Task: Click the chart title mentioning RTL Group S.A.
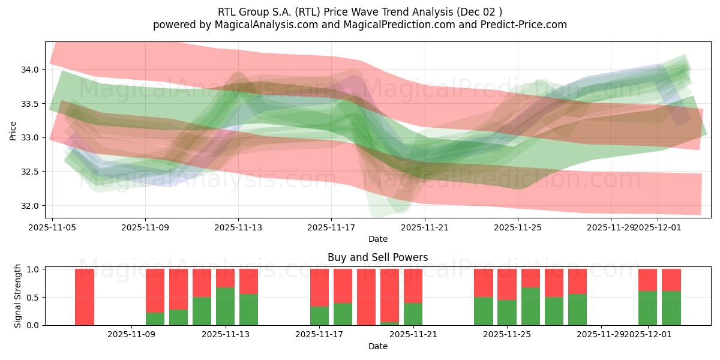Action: tap(359, 11)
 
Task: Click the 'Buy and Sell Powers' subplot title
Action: tap(377, 257)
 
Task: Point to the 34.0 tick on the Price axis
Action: tap(30, 70)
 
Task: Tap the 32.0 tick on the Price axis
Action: tap(30, 206)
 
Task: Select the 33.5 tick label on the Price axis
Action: tap(30, 104)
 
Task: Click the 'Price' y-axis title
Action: tap(13, 130)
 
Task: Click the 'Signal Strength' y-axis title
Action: tap(18, 296)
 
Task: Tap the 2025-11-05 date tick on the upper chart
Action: tap(52, 227)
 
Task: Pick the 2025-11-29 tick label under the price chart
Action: tap(610, 227)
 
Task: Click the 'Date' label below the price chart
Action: tap(377, 239)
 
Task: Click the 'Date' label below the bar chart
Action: tap(377, 346)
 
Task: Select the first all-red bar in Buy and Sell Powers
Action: tap(85, 297)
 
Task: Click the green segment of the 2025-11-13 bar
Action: tap(225, 306)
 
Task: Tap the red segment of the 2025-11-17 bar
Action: tap(319, 287)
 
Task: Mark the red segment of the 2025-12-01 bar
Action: tap(647, 280)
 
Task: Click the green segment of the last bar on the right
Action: tap(671, 308)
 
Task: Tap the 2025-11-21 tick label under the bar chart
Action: tap(413, 334)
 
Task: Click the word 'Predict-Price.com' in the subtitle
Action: tap(525, 25)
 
